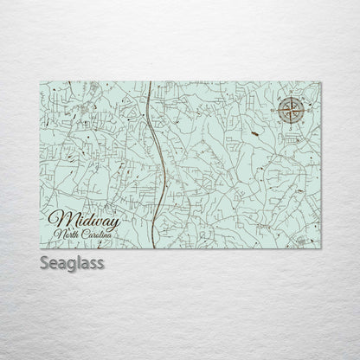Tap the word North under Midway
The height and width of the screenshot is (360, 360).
coord(67,235)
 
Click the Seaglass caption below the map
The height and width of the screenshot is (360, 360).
coord(72,262)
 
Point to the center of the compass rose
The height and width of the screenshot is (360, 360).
coord(292,110)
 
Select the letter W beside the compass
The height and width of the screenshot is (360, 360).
coord(277,110)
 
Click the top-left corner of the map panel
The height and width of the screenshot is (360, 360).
coord(40,82)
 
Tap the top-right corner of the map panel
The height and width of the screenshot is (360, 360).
coord(320,82)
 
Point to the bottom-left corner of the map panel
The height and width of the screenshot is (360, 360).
coord(40,248)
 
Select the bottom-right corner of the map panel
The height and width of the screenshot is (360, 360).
coord(320,248)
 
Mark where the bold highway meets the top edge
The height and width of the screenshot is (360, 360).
coord(151,83)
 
